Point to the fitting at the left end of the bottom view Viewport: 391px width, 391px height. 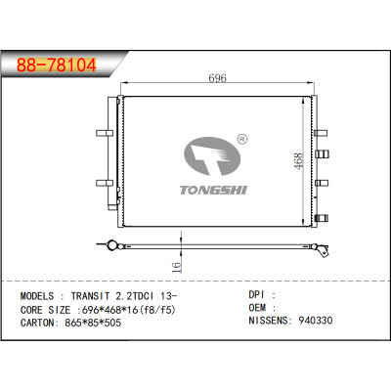point(113,244)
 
